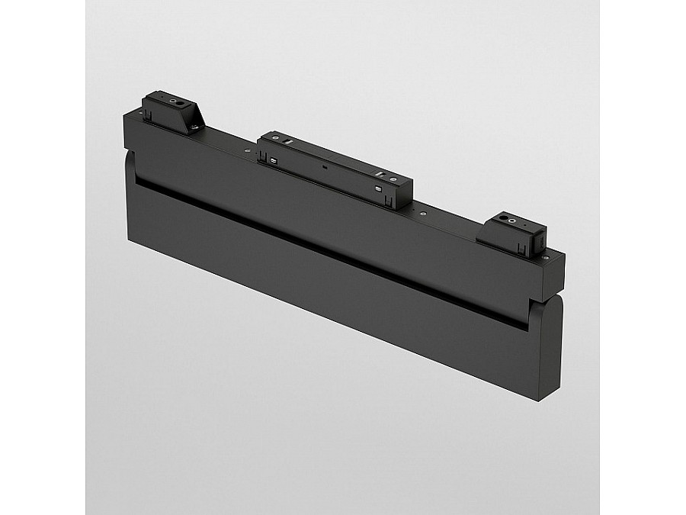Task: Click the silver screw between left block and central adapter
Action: coord(247,150)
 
